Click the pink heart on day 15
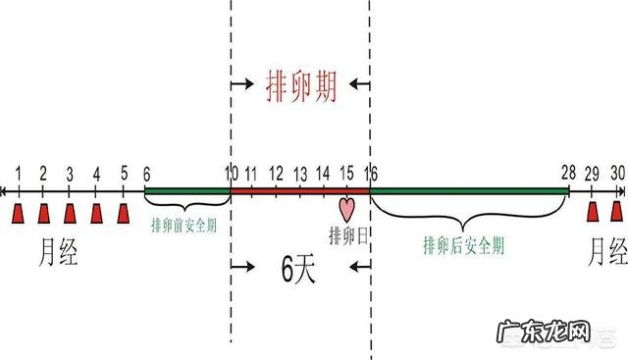point(345,209)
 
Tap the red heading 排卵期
point(301,88)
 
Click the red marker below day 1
point(18,213)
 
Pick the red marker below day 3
point(70,213)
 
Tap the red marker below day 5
point(123,213)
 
